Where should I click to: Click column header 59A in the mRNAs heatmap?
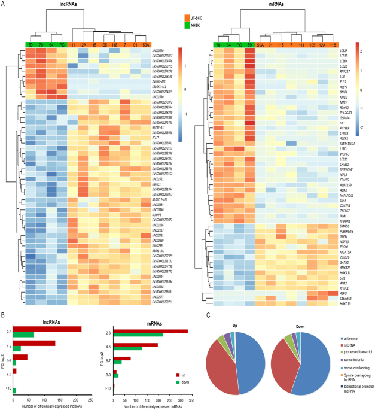pyautogui.click(x=261, y=44)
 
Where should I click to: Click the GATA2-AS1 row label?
pyautogui.click(x=161, y=127)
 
